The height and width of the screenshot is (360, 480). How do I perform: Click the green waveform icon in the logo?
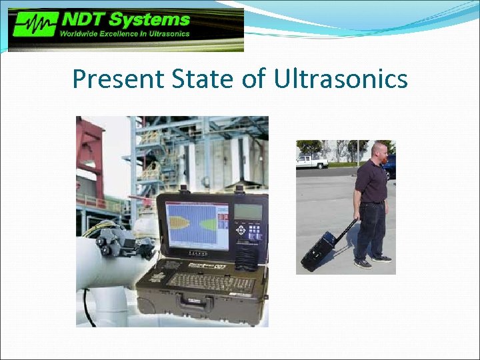[x=33, y=27]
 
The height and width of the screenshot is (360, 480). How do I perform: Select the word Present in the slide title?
[x=117, y=79]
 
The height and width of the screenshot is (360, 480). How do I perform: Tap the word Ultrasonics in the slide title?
[x=340, y=79]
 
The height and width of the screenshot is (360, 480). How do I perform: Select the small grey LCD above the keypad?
[x=248, y=211]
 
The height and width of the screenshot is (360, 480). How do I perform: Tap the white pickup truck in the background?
[x=311, y=161]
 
